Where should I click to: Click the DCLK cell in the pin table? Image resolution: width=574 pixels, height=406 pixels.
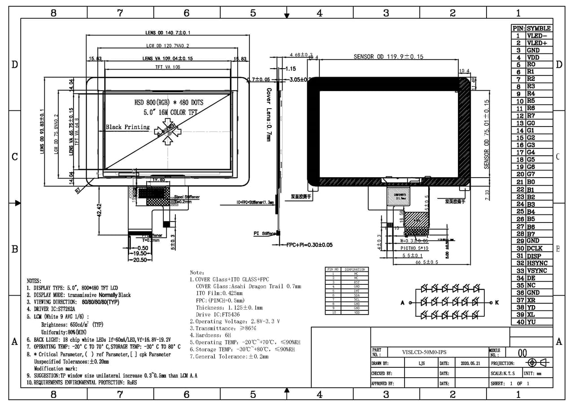535,249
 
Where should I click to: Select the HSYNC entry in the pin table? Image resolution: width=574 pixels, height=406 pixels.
538,263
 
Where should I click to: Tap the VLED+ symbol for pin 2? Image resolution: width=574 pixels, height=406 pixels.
536,43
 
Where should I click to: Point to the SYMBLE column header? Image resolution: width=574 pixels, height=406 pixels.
539,28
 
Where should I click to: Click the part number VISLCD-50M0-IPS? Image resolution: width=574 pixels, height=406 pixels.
424,353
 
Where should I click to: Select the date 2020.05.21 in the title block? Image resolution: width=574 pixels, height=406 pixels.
470,363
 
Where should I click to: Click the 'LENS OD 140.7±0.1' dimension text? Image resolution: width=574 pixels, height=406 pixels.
168,33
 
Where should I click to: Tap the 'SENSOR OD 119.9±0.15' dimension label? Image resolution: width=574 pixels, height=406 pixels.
388,57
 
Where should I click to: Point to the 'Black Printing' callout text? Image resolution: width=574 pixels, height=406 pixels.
128,127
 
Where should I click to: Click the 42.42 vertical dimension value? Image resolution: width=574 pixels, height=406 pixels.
99,210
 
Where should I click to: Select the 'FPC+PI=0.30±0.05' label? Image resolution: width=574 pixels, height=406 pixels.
309,245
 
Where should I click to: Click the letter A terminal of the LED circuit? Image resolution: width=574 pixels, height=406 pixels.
403,303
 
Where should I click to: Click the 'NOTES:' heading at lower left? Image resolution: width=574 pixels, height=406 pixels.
34,280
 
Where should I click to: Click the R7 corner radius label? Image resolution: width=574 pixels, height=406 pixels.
79,190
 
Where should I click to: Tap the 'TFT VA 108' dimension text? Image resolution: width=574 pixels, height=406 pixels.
168,67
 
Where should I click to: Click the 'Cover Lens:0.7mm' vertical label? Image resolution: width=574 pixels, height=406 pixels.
269,115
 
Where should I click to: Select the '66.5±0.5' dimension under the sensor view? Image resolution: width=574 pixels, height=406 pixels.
427,262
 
